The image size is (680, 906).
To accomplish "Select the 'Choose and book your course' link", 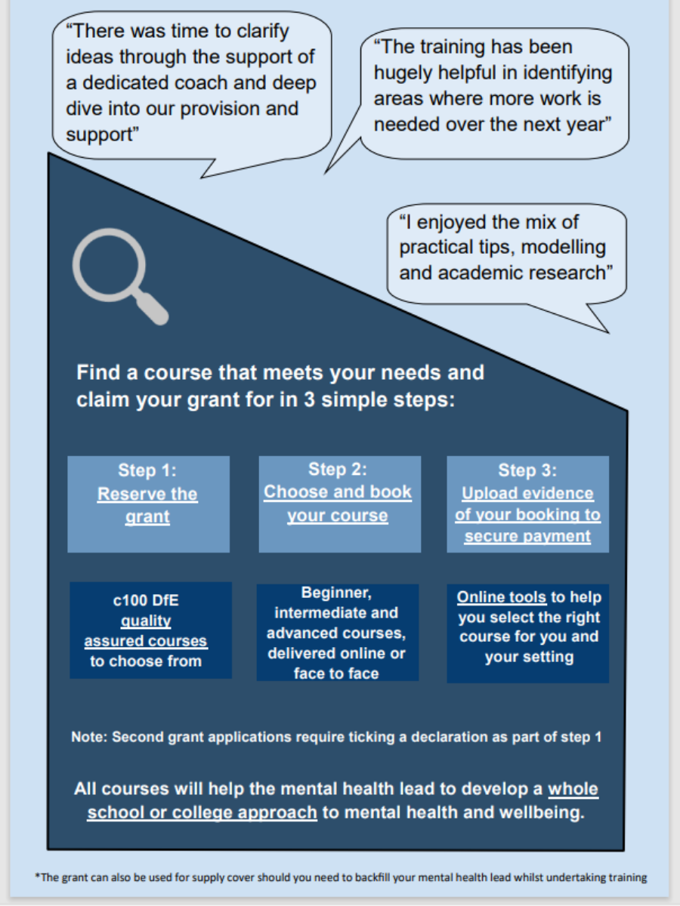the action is tap(338, 503).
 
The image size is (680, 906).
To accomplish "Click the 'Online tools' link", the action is tap(501, 597).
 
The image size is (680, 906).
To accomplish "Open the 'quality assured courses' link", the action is tap(146, 631).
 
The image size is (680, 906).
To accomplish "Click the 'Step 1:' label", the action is tap(147, 470).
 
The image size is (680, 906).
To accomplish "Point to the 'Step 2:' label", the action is tap(338, 469).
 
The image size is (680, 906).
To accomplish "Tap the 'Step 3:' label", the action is tap(527, 470).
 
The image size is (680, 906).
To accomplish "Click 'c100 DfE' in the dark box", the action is tap(146, 600).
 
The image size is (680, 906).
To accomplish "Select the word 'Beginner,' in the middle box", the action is tap(336, 593).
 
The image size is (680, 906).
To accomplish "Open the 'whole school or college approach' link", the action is tap(343, 800).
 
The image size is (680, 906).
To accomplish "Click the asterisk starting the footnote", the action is tap(38, 876).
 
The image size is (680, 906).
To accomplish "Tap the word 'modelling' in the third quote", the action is tap(563, 248).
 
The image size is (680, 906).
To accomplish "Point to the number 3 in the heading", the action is tap(310, 399).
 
